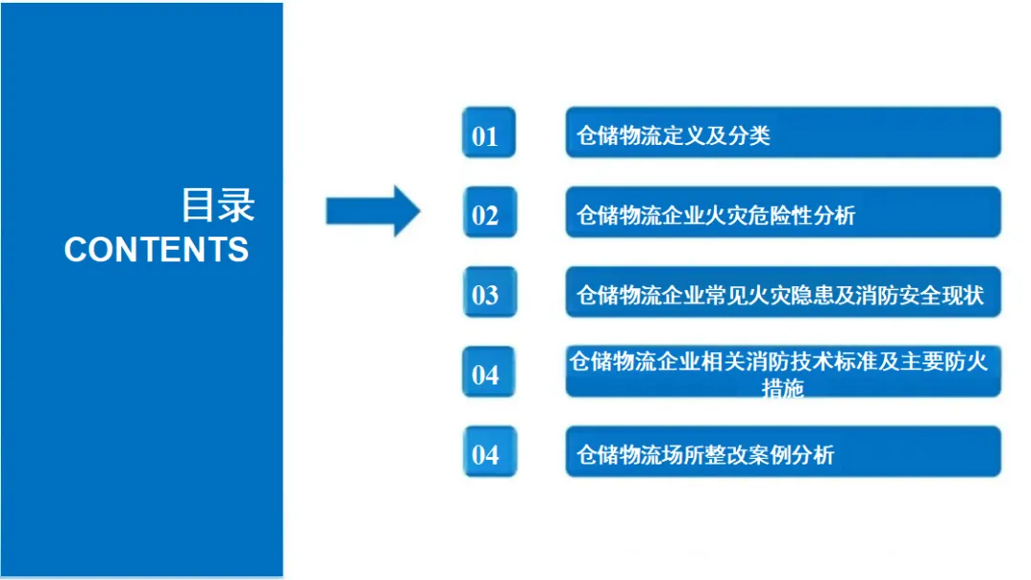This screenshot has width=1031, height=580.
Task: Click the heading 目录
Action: click(219, 204)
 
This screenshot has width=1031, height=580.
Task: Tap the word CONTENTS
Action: click(157, 250)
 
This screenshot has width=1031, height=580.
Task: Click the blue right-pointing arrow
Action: click(372, 210)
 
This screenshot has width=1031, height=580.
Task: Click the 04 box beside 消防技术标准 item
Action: click(489, 372)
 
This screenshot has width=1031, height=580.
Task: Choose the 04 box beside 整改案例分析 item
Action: click(489, 452)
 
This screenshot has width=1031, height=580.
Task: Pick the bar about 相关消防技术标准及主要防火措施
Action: click(783, 372)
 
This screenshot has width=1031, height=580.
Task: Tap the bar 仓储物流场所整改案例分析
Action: click(783, 452)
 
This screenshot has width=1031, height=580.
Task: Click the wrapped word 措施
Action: click(783, 388)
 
